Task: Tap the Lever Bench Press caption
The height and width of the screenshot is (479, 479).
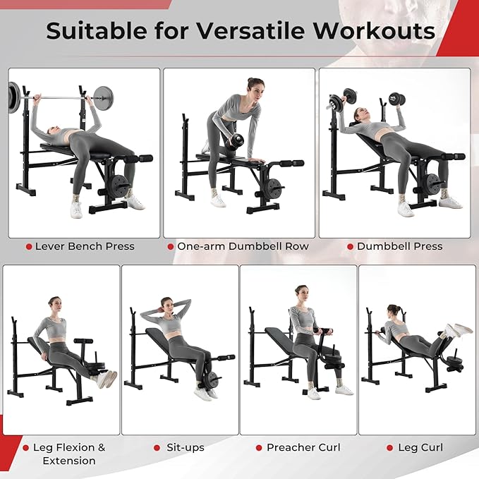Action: (x=85, y=246)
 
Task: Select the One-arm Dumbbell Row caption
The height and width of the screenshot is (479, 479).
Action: (x=243, y=246)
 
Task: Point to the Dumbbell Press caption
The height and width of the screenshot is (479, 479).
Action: (x=399, y=246)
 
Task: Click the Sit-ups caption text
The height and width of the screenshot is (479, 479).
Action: (x=186, y=447)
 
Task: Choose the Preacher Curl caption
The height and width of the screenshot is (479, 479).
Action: (x=303, y=447)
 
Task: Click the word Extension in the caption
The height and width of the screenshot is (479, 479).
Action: (x=69, y=461)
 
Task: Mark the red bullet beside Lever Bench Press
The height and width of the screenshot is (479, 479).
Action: (x=28, y=246)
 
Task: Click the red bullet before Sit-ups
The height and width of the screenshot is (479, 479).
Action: (x=157, y=447)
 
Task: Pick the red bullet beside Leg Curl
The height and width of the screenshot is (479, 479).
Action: (x=389, y=447)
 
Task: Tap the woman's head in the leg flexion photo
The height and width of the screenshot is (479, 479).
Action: (x=54, y=304)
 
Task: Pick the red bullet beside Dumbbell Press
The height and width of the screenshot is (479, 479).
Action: (x=349, y=246)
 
